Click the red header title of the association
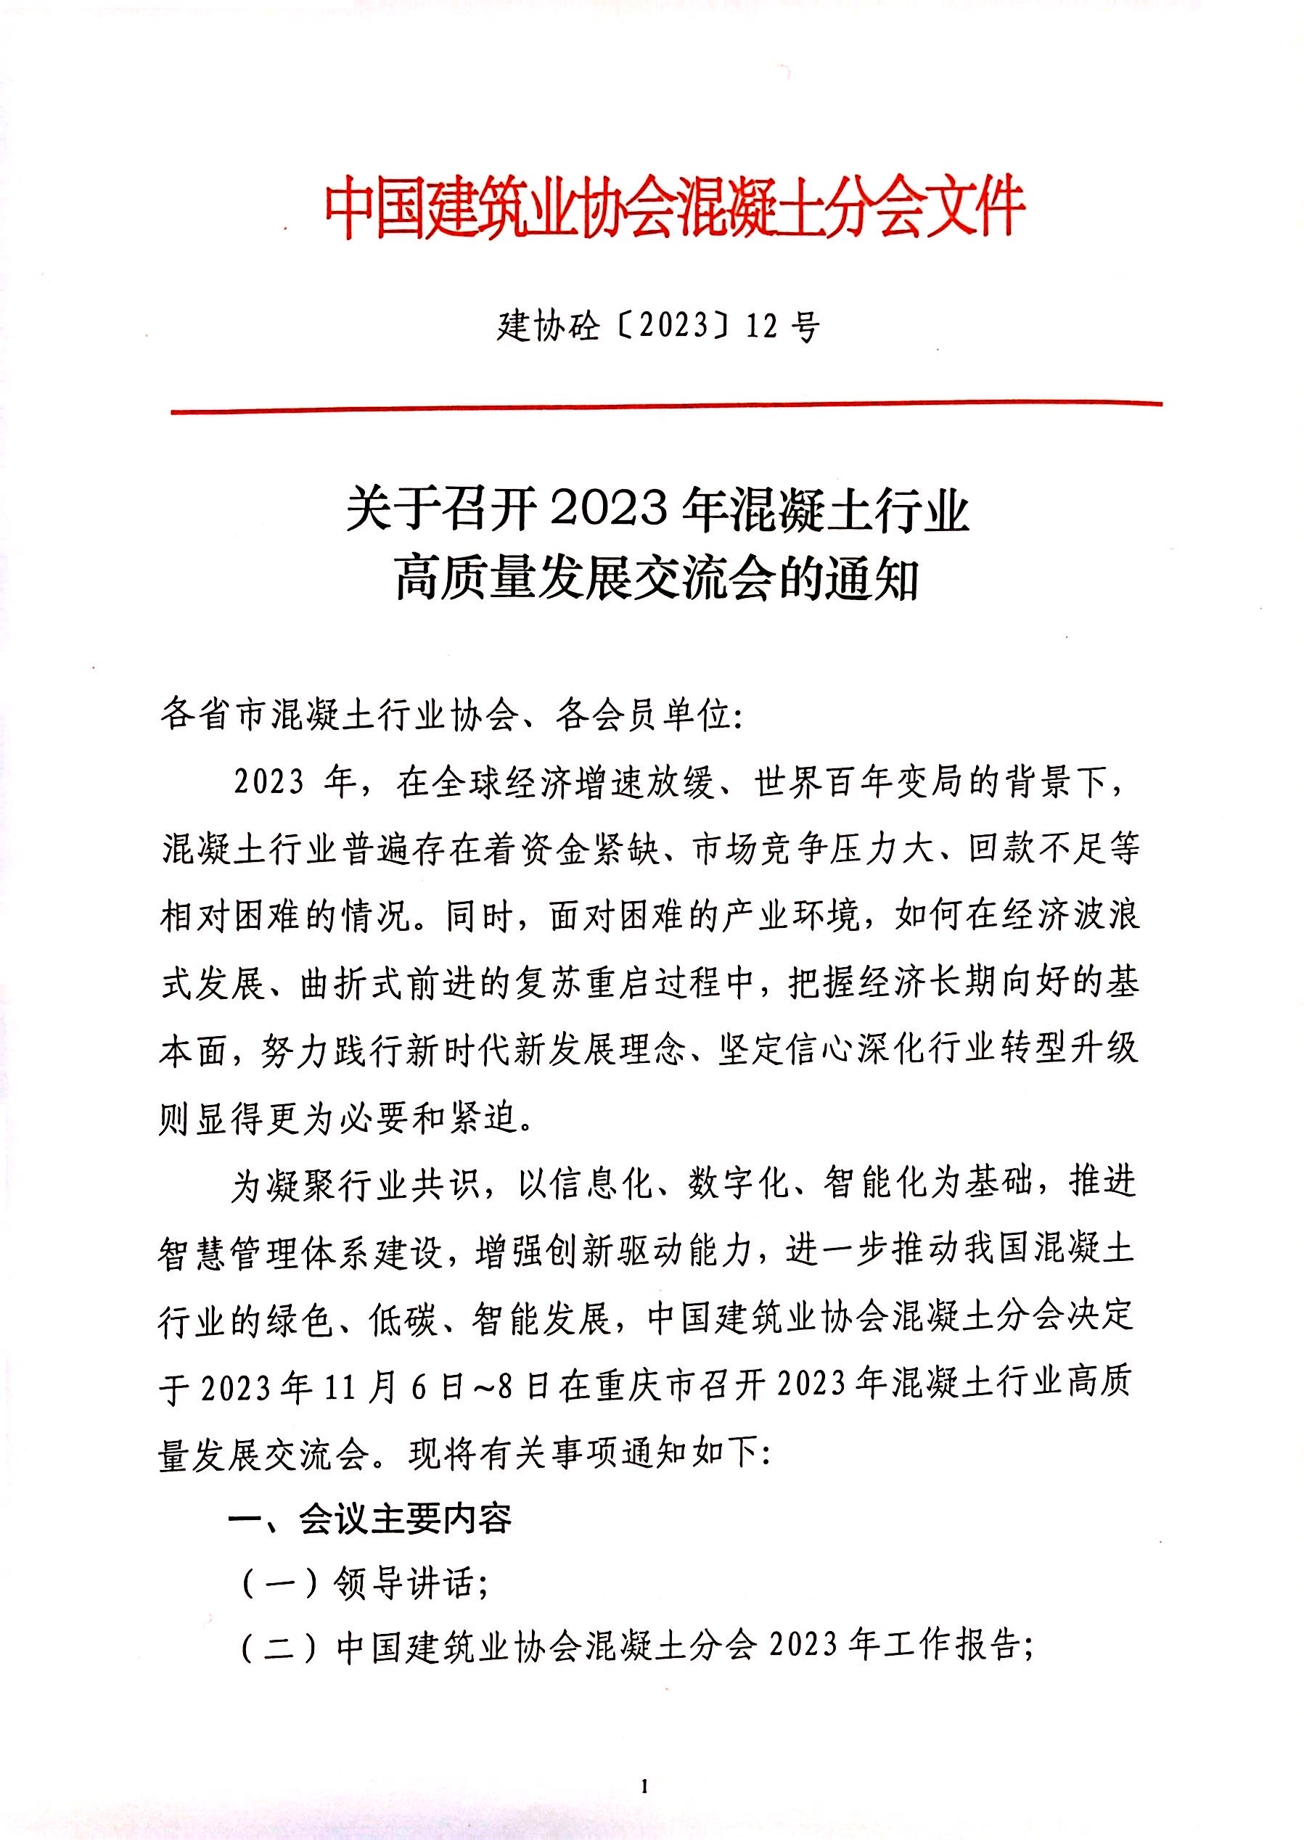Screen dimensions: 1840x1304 [x=674, y=209]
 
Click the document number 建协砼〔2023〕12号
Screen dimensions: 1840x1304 [x=658, y=326]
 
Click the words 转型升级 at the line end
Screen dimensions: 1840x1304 [x=1069, y=1050]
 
